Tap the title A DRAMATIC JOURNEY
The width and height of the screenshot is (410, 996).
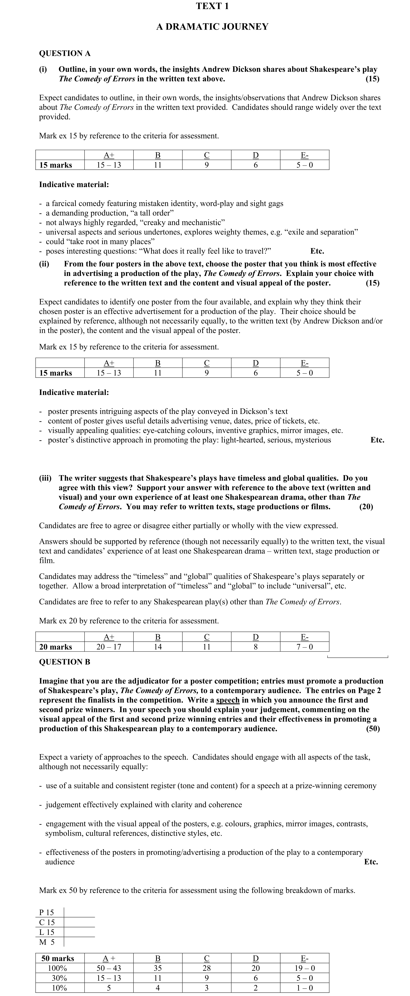tap(212, 27)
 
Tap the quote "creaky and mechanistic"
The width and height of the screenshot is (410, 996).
tap(184, 223)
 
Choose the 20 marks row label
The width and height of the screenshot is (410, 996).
tap(56, 647)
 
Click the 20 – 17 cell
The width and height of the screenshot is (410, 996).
tap(109, 647)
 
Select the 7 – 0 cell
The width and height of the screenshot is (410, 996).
tap(305, 647)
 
